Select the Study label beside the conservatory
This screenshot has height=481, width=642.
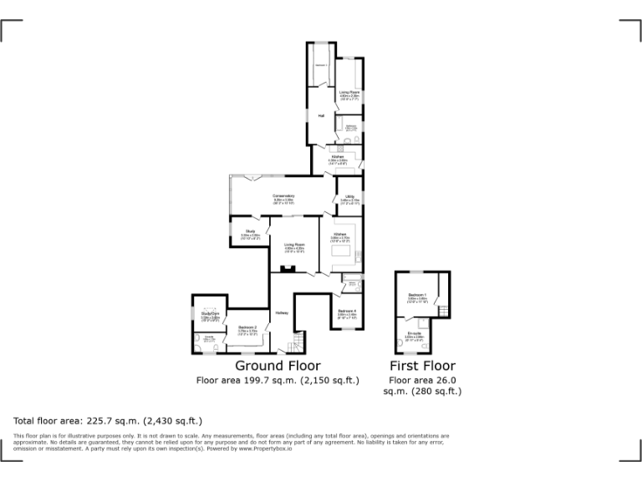(250, 230)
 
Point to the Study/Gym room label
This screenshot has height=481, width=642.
(210, 314)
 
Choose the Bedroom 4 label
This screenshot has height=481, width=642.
(347, 311)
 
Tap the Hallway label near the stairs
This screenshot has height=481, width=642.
(282, 313)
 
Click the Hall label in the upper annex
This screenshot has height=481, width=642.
(320, 115)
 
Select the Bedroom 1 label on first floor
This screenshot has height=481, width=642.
(418, 296)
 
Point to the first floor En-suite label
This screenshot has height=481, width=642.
(415, 333)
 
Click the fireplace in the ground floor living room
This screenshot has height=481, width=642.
(287, 268)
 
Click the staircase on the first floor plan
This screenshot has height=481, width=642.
(444, 311)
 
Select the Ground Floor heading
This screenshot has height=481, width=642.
(278, 366)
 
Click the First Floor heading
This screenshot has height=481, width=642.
(423, 366)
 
